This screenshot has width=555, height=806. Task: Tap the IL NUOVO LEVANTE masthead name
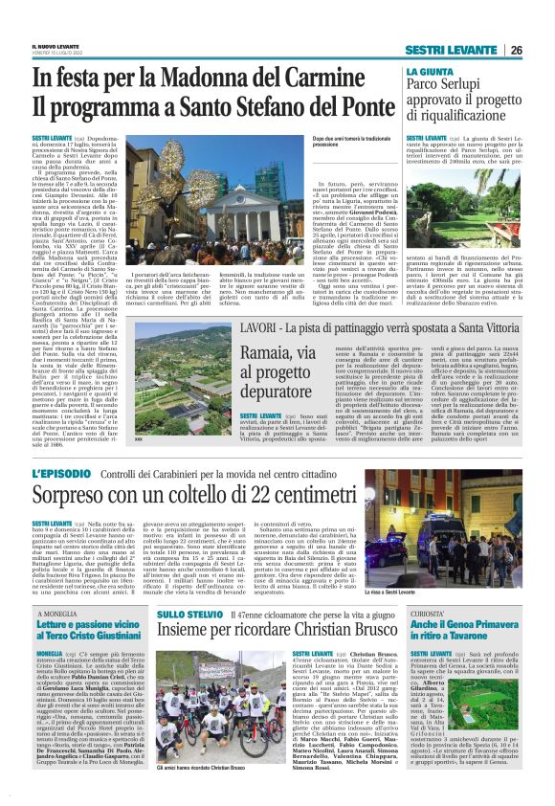click(x=56, y=45)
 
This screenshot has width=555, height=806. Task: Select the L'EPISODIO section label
click(x=64, y=475)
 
